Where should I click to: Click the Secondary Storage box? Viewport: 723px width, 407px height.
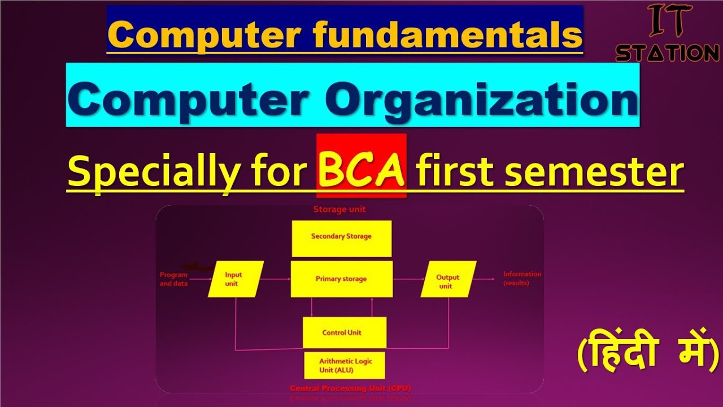(341, 238)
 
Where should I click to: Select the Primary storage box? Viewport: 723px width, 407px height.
(341, 279)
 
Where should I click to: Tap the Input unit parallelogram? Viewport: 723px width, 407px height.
(235, 279)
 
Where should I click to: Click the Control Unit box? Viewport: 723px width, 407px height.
(344, 332)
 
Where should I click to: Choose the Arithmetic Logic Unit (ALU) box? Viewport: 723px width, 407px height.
(345, 365)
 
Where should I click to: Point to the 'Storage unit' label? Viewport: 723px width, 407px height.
(339, 209)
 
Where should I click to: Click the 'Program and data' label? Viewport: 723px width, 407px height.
(173, 279)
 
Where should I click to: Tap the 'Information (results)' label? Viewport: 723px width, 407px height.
(521, 278)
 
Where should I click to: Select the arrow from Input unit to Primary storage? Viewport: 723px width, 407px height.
(276, 279)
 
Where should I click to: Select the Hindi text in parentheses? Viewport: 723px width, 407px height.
(648, 354)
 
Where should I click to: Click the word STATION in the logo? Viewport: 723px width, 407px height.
(667, 53)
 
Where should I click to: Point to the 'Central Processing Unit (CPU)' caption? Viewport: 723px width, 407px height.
(350, 388)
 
